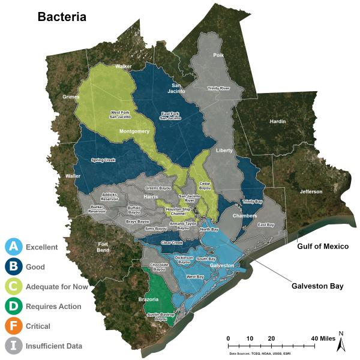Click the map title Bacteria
pos(62,16)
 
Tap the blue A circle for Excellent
pos(14,246)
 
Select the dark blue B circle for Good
pos(14,266)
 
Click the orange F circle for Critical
pos(14,326)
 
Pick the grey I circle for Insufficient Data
pos(14,346)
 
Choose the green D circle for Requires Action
pos(14,306)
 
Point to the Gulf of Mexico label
pos(323,247)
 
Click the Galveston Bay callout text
pos(317,286)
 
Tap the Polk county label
pos(217,55)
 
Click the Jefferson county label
pos(311,191)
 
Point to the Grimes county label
pos(70,97)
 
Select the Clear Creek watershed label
pos(173,243)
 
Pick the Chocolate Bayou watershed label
pos(159,266)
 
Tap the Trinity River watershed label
pos(218,88)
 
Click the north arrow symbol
pos(340,343)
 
